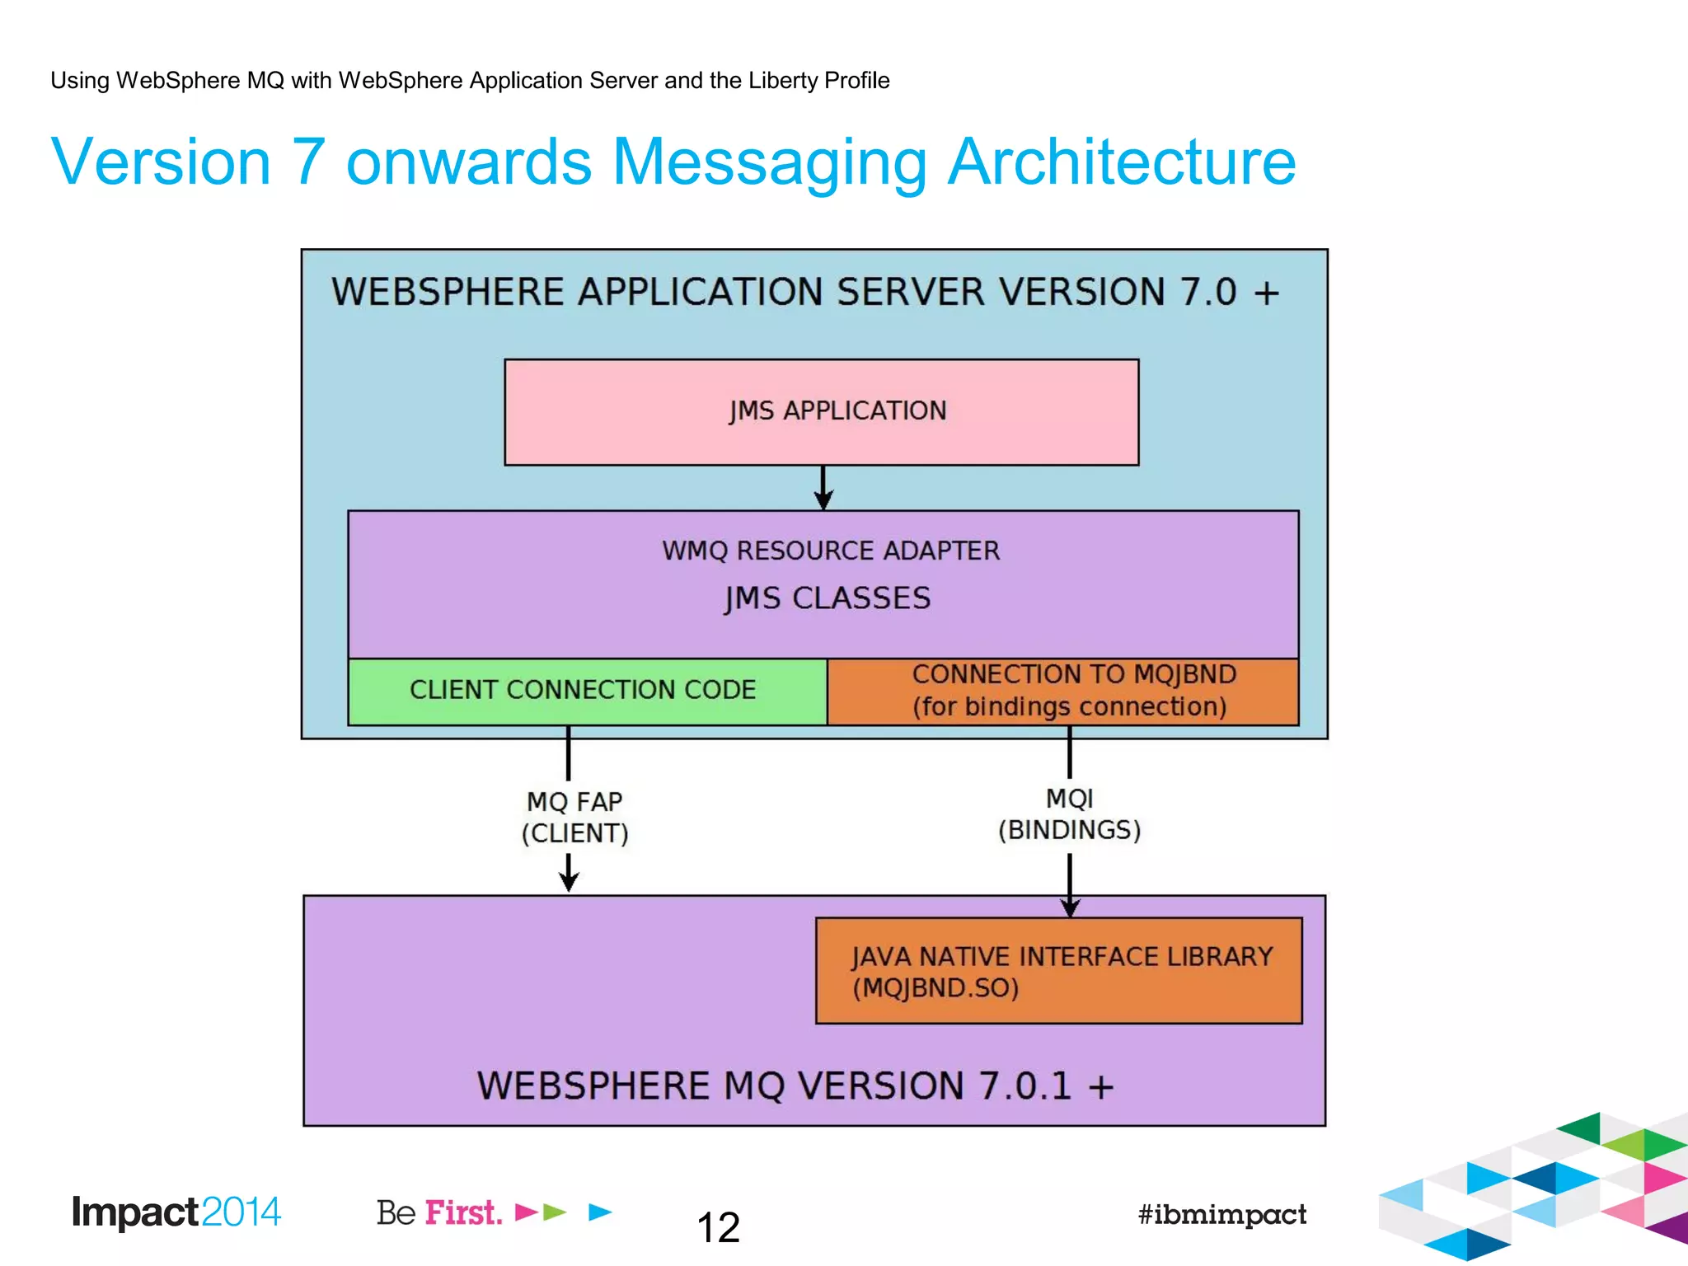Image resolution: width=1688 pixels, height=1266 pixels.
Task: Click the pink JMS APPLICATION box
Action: (821, 411)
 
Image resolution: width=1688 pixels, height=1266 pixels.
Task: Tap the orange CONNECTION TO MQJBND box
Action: (1063, 691)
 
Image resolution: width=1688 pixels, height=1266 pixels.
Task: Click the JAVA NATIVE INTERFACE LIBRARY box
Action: (1058, 971)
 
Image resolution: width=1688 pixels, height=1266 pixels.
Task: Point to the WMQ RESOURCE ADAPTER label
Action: (831, 551)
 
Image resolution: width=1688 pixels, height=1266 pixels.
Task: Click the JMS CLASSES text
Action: (828, 598)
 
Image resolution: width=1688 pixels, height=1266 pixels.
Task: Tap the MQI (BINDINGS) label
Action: (1069, 814)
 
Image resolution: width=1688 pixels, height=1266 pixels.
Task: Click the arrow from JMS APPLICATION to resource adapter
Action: (823, 488)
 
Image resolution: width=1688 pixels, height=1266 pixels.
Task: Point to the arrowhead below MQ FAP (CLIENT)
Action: (569, 881)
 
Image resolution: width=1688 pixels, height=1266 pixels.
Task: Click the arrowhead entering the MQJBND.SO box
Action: (1070, 907)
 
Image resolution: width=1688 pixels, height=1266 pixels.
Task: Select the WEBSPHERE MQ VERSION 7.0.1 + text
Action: (795, 1085)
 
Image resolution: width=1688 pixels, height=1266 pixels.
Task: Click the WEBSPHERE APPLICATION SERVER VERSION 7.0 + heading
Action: (805, 293)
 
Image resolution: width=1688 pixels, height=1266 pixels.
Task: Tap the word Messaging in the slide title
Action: (770, 162)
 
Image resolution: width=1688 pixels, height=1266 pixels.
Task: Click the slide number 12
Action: (718, 1228)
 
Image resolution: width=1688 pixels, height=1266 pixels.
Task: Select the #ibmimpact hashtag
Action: (1221, 1214)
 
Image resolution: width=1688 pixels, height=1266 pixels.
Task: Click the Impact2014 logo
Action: (176, 1212)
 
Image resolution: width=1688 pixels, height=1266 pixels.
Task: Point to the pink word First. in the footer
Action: (463, 1212)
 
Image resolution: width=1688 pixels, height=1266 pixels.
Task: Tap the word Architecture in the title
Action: (1122, 162)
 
